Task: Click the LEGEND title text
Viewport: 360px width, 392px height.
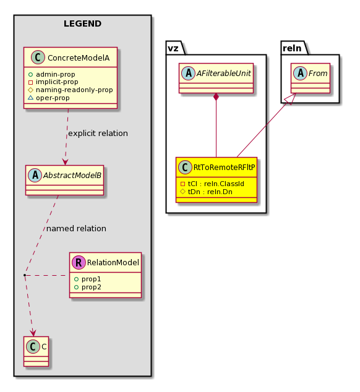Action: click(x=82, y=23)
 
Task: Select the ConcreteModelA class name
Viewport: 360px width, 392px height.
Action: click(x=79, y=58)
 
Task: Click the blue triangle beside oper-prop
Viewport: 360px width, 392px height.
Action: click(x=30, y=98)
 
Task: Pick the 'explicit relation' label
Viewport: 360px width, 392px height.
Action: click(x=98, y=134)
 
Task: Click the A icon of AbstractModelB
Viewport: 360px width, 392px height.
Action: click(x=35, y=175)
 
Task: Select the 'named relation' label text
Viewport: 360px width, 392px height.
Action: click(x=76, y=229)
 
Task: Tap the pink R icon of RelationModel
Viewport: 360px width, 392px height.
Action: click(x=79, y=263)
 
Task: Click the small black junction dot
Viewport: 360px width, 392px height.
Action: click(x=25, y=275)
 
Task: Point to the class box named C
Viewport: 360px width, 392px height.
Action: click(x=36, y=351)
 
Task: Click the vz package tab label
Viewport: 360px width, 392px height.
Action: click(x=173, y=48)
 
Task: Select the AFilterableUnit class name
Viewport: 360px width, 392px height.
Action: click(x=224, y=73)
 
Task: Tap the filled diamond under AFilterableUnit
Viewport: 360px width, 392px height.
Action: click(x=216, y=97)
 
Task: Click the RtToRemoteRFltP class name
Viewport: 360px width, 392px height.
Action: click(x=224, y=168)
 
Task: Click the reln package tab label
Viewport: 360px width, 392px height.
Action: click(x=292, y=48)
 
